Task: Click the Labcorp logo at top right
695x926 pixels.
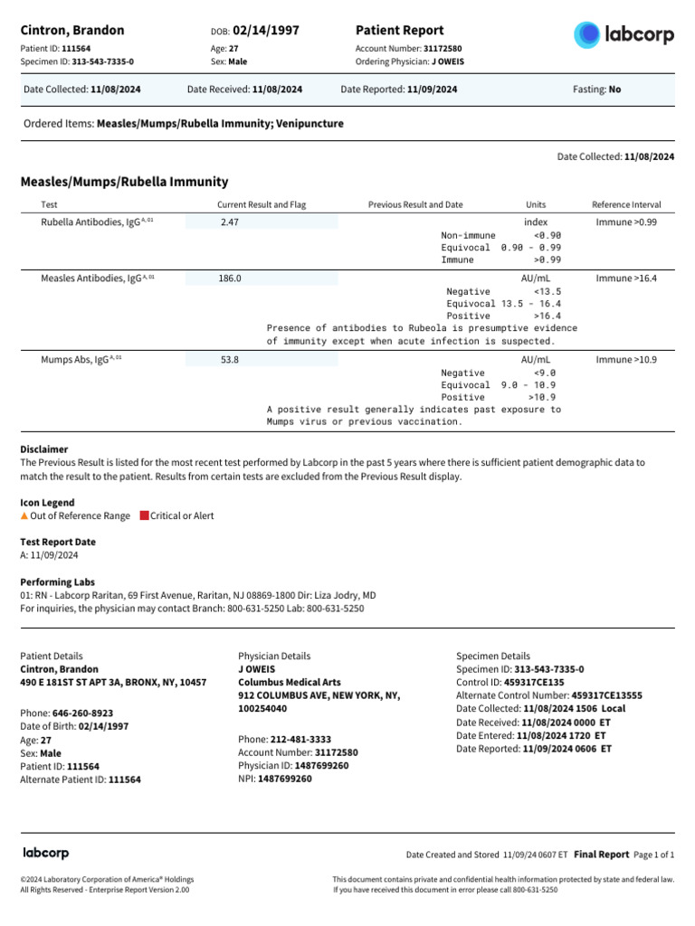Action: click(624, 35)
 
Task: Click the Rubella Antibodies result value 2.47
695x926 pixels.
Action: click(230, 222)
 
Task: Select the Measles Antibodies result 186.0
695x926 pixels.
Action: click(230, 279)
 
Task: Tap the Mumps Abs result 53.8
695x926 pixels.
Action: click(230, 360)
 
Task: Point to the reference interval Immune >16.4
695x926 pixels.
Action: click(626, 279)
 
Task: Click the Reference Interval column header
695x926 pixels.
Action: click(626, 205)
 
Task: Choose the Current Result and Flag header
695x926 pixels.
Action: click(262, 205)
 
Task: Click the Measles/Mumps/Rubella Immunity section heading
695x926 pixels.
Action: click(124, 182)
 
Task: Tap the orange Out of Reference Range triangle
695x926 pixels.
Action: click(24, 515)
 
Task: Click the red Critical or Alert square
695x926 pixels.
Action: click(144, 515)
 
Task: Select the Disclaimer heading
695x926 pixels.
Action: click(44, 449)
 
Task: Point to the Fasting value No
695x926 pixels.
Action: click(615, 90)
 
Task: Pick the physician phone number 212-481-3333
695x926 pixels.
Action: click(300, 739)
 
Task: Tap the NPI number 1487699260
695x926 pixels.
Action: click(285, 779)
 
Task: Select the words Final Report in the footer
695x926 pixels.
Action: click(601, 854)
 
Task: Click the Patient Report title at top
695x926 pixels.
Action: click(400, 31)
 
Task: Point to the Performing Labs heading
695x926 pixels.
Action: click(57, 582)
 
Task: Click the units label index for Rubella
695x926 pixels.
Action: click(536, 222)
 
